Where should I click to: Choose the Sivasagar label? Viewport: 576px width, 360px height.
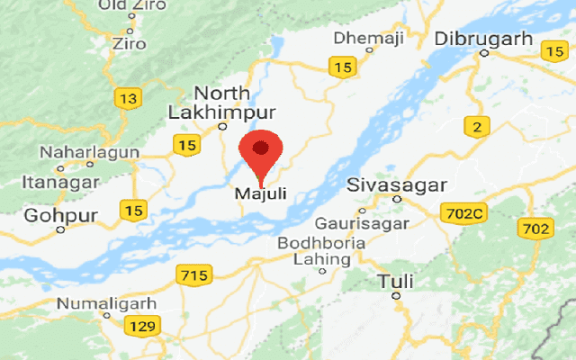[x=398, y=186]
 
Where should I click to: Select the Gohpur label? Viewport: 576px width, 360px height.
[x=59, y=215]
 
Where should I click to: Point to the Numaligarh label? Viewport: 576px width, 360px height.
[x=107, y=303]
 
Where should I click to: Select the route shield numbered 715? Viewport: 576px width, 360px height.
[x=194, y=274]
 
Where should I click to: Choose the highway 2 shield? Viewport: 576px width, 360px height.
[x=475, y=128]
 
